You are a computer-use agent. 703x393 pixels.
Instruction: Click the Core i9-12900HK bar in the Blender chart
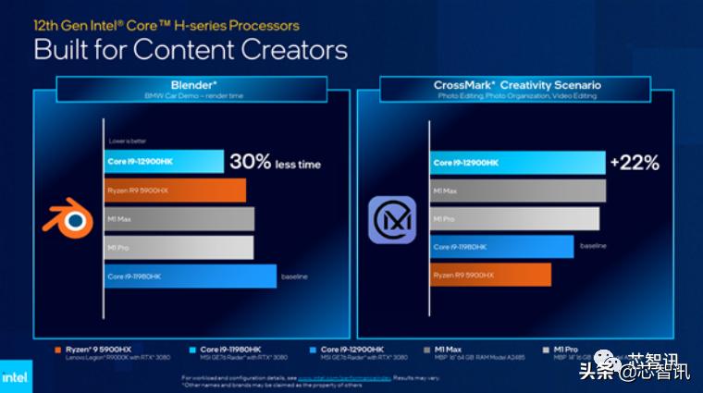[x=163, y=162]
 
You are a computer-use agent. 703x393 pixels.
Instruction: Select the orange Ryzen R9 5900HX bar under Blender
[x=174, y=190]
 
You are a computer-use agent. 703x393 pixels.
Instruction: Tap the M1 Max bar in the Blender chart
[x=179, y=219]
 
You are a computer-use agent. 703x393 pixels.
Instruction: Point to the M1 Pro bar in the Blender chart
[x=178, y=248]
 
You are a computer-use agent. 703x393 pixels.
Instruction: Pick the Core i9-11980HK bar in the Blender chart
[x=190, y=276]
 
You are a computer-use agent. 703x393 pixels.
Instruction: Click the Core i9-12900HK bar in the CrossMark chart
[x=517, y=163]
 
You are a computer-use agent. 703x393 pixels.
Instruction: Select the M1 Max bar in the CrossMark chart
[x=517, y=190]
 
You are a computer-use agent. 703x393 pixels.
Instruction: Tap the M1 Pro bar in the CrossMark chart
[x=514, y=219]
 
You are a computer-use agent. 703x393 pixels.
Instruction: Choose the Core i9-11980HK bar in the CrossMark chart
[x=501, y=247]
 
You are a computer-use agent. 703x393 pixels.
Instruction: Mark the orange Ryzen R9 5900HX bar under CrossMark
[x=490, y=275]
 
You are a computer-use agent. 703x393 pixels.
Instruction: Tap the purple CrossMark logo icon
[x=392, y=220]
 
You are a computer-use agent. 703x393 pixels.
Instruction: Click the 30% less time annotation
[x=275, y=162]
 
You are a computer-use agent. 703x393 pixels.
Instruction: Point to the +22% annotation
[x=635, y=163]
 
